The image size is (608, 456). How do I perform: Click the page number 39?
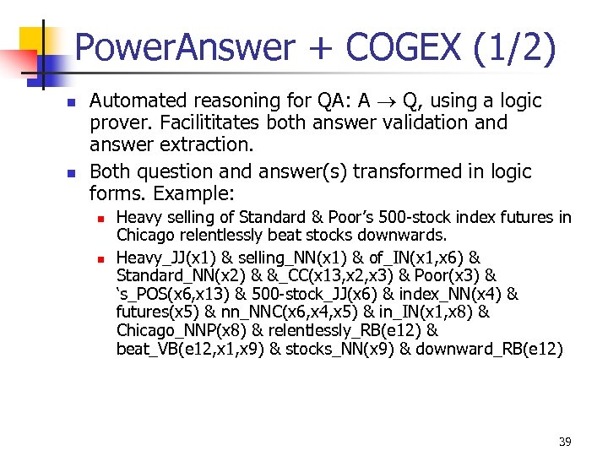(564, 442)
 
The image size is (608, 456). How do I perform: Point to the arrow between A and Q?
(386, 101)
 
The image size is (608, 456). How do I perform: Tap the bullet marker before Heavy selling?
(100, 218)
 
